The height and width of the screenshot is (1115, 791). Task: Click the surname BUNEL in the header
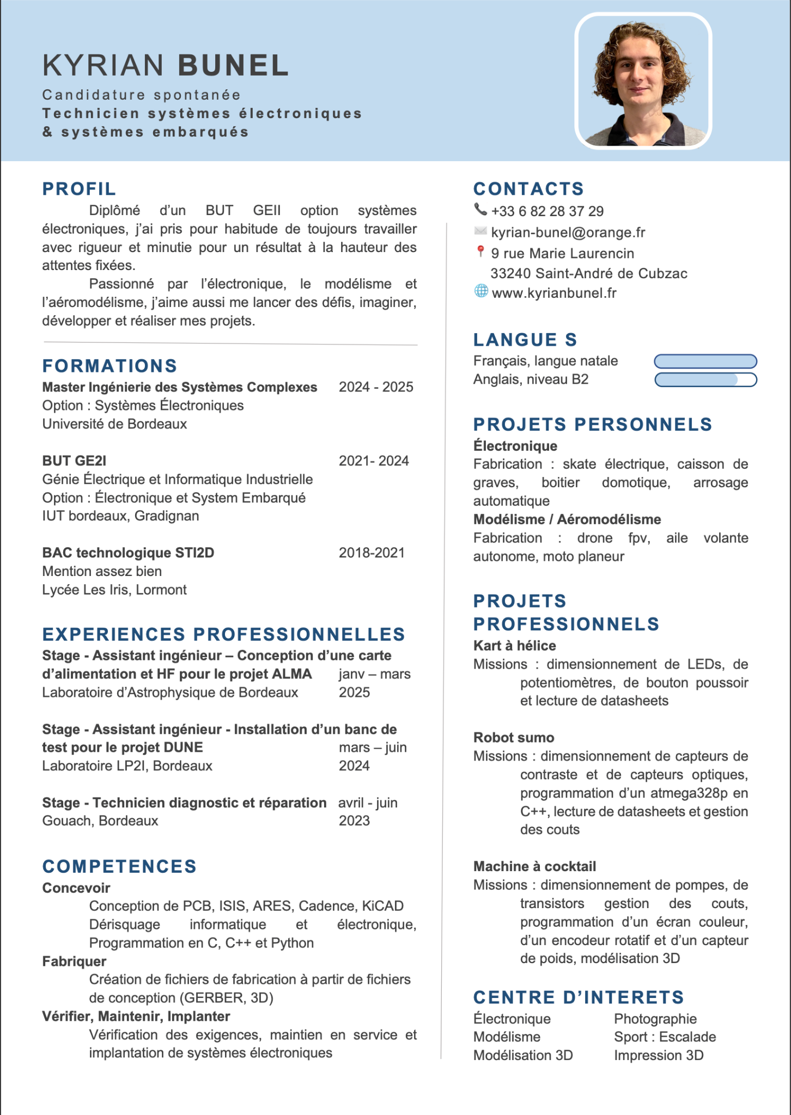[233, 65]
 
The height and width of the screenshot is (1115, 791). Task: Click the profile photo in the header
[643, 81]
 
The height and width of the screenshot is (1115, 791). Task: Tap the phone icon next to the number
[480, 210]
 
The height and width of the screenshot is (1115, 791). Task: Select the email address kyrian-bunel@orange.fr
[568, 232]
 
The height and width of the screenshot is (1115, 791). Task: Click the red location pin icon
[480, 252]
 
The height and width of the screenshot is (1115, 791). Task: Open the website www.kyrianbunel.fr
[554, 293]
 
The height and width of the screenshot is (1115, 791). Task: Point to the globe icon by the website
[481, 291]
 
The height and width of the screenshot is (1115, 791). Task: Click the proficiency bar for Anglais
[705, 379]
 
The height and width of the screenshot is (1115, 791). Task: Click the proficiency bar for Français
[705, 361]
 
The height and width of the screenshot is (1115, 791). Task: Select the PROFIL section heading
[79, 189]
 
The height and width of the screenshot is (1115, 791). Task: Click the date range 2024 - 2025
[376, 387]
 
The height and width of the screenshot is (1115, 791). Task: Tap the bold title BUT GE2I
[74, 461]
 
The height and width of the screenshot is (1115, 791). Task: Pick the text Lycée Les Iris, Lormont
[114, 590]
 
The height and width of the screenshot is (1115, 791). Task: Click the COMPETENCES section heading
[119, 866]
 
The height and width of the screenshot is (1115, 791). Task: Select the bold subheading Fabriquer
[74, 961]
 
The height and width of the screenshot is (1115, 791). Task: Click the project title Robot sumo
[514, 738]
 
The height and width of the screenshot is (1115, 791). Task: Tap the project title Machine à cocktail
[534, 866]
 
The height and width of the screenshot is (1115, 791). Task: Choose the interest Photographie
[655, 1019]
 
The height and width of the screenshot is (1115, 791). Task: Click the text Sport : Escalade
[665, 1037]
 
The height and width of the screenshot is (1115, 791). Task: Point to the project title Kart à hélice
[515, 646]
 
